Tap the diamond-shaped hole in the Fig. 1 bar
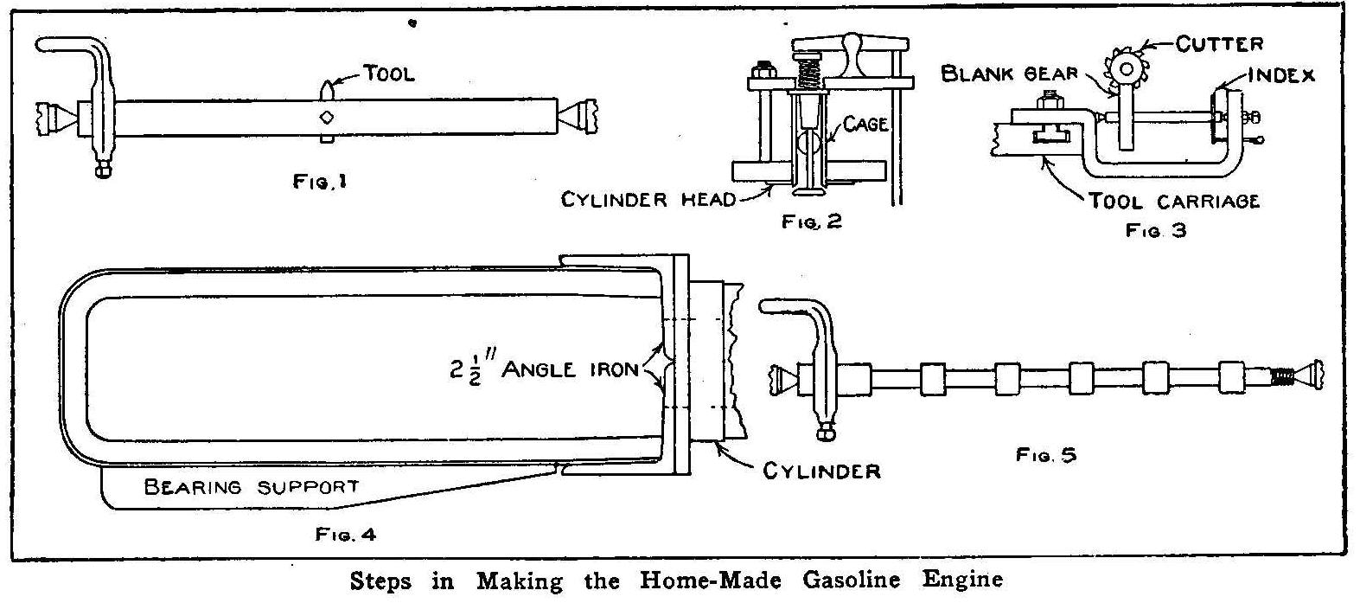click(x=326, y=117)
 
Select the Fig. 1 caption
click(x=319, y=183)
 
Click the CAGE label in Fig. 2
click(x=865, y=125)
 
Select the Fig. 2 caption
click(x=811, y=221)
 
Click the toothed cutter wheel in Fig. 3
click(x=1127, y=68)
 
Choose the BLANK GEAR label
click(x=1009, y=74)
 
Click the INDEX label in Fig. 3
click(x=1281, y=75)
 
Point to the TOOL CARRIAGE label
click(x=1172, y=202)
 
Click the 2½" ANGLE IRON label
click(x=539, y=369)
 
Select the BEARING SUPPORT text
click(x=250, y=486)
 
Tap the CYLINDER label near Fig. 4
click(x=820, y=471)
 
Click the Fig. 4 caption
click(x=345, y=535)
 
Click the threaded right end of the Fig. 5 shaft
click(x=1286, y=377)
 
